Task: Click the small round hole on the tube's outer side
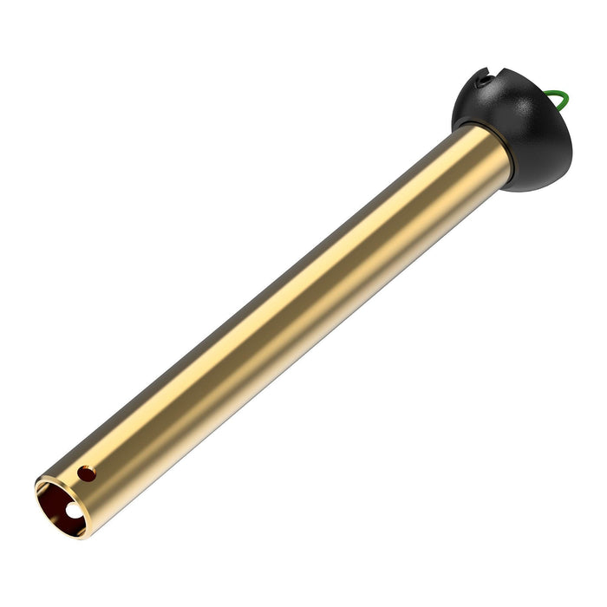[x=86, y=473]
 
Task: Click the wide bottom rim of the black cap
[x=538, y=173]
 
